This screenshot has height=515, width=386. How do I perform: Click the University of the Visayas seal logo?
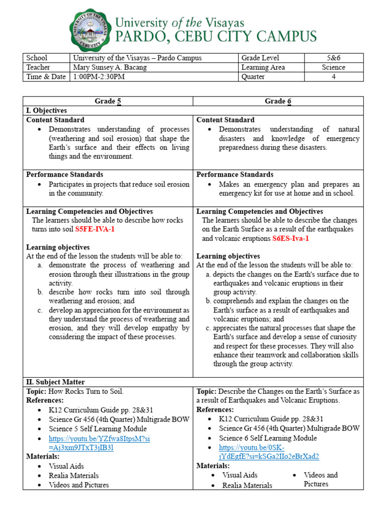coord(90,31)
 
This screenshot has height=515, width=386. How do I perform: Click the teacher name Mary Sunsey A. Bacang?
coord(110,67)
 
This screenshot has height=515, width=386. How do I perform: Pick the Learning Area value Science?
coord(334,67)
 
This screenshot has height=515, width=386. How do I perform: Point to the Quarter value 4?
coord(334,77)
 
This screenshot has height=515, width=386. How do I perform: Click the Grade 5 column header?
coord(108,101)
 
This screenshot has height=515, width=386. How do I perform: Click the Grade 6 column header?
coord(278,101)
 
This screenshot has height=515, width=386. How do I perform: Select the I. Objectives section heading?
coord(46,111)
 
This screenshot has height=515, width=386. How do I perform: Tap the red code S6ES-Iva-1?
coord(291,238)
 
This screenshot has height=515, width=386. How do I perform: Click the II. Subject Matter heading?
coord(55,382)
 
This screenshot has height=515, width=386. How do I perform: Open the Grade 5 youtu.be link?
coord(99,443)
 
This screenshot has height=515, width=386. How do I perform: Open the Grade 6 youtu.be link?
coord(269,452)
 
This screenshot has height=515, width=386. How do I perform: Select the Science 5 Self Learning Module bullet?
coord(98,429)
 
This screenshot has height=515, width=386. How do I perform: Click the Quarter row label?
coord(254,77)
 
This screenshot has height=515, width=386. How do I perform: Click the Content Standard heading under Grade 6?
coord(225,120)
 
